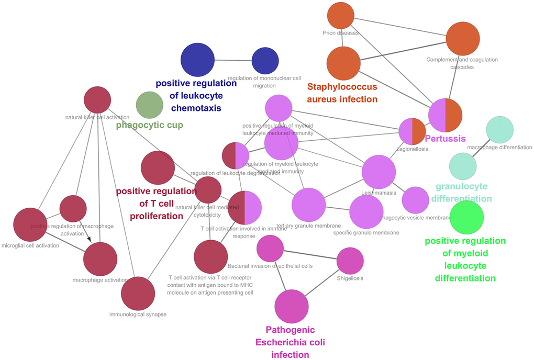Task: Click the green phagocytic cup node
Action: click(150, 105)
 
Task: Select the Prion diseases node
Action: click(341, 16)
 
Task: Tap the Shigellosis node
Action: click(350, 261)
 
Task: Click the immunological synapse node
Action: click(138, 294)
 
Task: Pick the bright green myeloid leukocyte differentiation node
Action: click(467, 217)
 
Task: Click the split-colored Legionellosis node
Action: click(413, 131)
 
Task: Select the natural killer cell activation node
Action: click(97, 100)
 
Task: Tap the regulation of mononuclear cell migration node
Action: click(265, 61)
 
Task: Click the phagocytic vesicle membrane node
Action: click(416, 200)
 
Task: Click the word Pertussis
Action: click(445, 139)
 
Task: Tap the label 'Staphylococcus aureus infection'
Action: click(342, 93)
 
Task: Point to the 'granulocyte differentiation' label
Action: click(461, 193)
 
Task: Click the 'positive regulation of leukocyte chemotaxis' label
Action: click(196, 95)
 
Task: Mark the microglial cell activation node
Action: click(30, 225)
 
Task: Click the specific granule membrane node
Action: click(366, 212)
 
